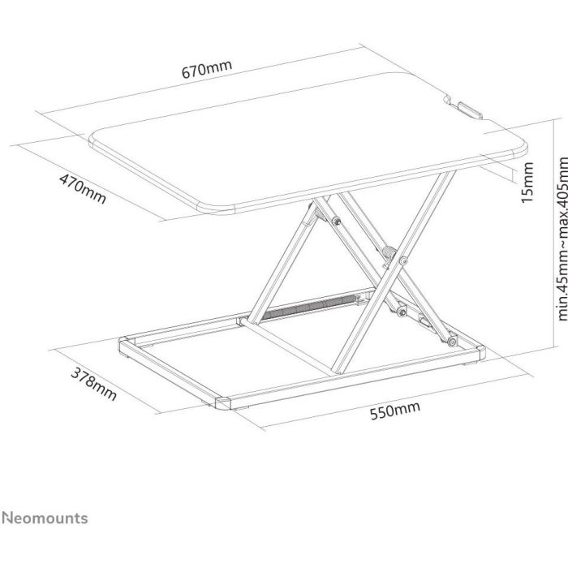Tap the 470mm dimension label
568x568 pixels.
pyautogui.click(x=83, y=189)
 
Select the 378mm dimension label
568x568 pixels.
pyautogui.click(x=93, y=384)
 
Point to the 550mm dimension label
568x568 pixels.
pyautogui.click(x=395, y=410)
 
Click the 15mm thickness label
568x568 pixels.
pyautogui.click(x=527, y=183)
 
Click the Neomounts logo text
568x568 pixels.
pyautogui.click(x=45, y=518)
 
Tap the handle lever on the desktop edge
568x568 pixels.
pyautogui.click(x=470, y=110)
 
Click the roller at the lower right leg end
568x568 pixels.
pyautogui.click(x=452, y=342)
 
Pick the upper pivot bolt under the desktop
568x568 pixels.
pyautogui.click(x=337, y=221)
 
